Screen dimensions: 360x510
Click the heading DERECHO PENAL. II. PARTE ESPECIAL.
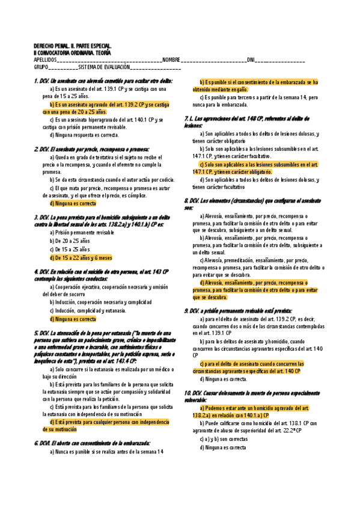click(x=72, y=46)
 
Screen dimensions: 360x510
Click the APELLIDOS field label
click(x=46, y=60)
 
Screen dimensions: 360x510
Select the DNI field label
click(x=251, y=60)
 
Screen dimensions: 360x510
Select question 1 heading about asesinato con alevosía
click(x=103, y=81)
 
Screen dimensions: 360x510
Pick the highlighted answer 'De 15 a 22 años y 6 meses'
click(x=81, y=257)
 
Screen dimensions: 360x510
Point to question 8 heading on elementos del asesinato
click(x=252, y=203)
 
